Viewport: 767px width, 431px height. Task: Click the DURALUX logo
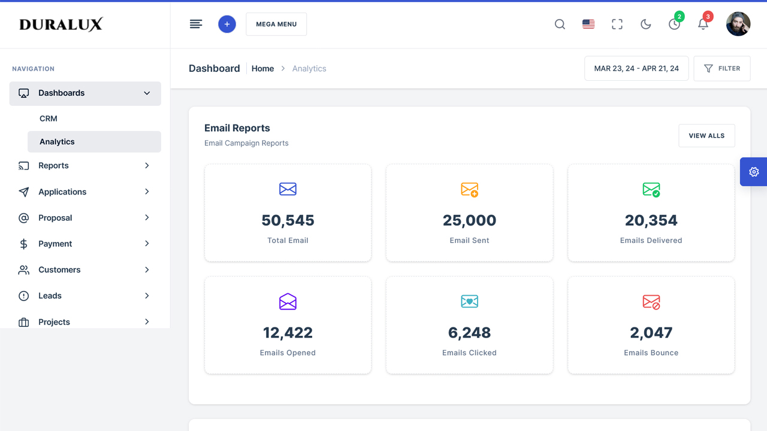pos(61,24)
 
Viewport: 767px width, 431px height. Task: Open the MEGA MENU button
pos(276,24)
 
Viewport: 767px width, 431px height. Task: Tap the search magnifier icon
pos(560,24)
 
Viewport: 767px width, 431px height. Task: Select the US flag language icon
pos(588,24)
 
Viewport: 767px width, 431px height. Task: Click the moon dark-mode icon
pos(645,24)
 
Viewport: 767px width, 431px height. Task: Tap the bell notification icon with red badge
pos(703,24)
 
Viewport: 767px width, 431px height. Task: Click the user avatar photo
pos(738,24)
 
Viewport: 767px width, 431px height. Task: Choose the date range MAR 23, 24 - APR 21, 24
pos(636,68)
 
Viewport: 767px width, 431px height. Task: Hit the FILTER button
pos(722,68)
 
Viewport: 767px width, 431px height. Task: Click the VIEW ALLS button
pos(706,136)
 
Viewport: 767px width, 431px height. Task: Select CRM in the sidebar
pos(49,119)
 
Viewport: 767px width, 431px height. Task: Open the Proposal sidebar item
pos(55,218)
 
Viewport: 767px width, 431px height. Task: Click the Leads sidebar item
pos(50,296)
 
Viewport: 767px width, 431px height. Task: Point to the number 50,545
pos(288,220)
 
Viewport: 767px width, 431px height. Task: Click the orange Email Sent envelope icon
pos(469,190)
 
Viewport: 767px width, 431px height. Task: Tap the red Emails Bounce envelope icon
pos(651,302)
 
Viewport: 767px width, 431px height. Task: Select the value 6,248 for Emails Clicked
pos(469,333)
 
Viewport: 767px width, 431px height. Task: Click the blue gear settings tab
pos(754,172)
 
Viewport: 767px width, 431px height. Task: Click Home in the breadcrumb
pos(262,68)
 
